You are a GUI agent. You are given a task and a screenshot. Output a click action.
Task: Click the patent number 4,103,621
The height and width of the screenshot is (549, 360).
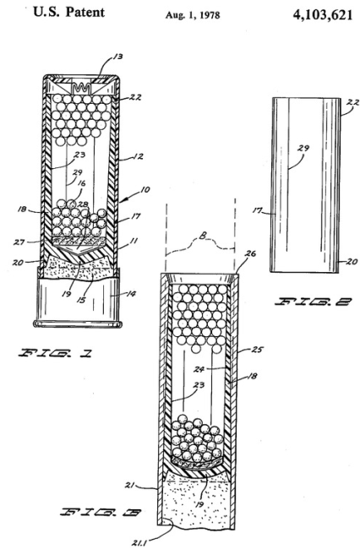click(x=322, y=15)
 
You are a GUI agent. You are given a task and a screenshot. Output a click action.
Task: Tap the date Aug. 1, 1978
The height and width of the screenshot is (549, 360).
click(x=193, y=15)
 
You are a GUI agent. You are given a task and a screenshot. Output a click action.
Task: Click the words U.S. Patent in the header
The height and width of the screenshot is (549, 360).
click(x=68, y=12)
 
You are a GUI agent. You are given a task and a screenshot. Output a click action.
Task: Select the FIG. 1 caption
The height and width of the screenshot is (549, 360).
click(x=55, y=353)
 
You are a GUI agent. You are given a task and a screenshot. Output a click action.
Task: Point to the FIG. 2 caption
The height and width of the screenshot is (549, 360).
click(x=313, y=302)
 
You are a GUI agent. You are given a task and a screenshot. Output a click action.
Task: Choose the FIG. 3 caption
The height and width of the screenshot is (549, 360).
click(x=101, y=513)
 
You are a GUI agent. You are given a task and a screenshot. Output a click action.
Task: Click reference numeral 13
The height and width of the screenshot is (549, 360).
click(x=117, y=57)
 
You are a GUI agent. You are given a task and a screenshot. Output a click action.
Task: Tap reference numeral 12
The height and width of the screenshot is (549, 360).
click(x=139, y=156)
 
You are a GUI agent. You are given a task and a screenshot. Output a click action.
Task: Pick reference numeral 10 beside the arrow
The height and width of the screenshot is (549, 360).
click(x=145, y=189)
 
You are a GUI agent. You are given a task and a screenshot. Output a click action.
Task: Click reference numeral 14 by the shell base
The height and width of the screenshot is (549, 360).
click(x=131, y=293)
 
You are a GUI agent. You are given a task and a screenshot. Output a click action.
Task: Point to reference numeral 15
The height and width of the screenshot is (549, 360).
click(x=81, y=299)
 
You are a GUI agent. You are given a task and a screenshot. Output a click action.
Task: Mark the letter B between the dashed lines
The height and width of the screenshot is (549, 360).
click(x=203, y=236)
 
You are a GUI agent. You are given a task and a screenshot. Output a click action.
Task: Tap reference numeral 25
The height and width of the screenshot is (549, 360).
click(x=257, y=349)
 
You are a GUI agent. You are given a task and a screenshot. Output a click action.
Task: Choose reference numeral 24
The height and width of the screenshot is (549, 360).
click(x=200, y=369)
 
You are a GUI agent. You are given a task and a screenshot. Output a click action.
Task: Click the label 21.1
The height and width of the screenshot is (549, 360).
click(x=139, y=543)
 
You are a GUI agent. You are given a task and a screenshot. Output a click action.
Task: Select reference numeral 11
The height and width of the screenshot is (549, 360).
click(x=134, y=241)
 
